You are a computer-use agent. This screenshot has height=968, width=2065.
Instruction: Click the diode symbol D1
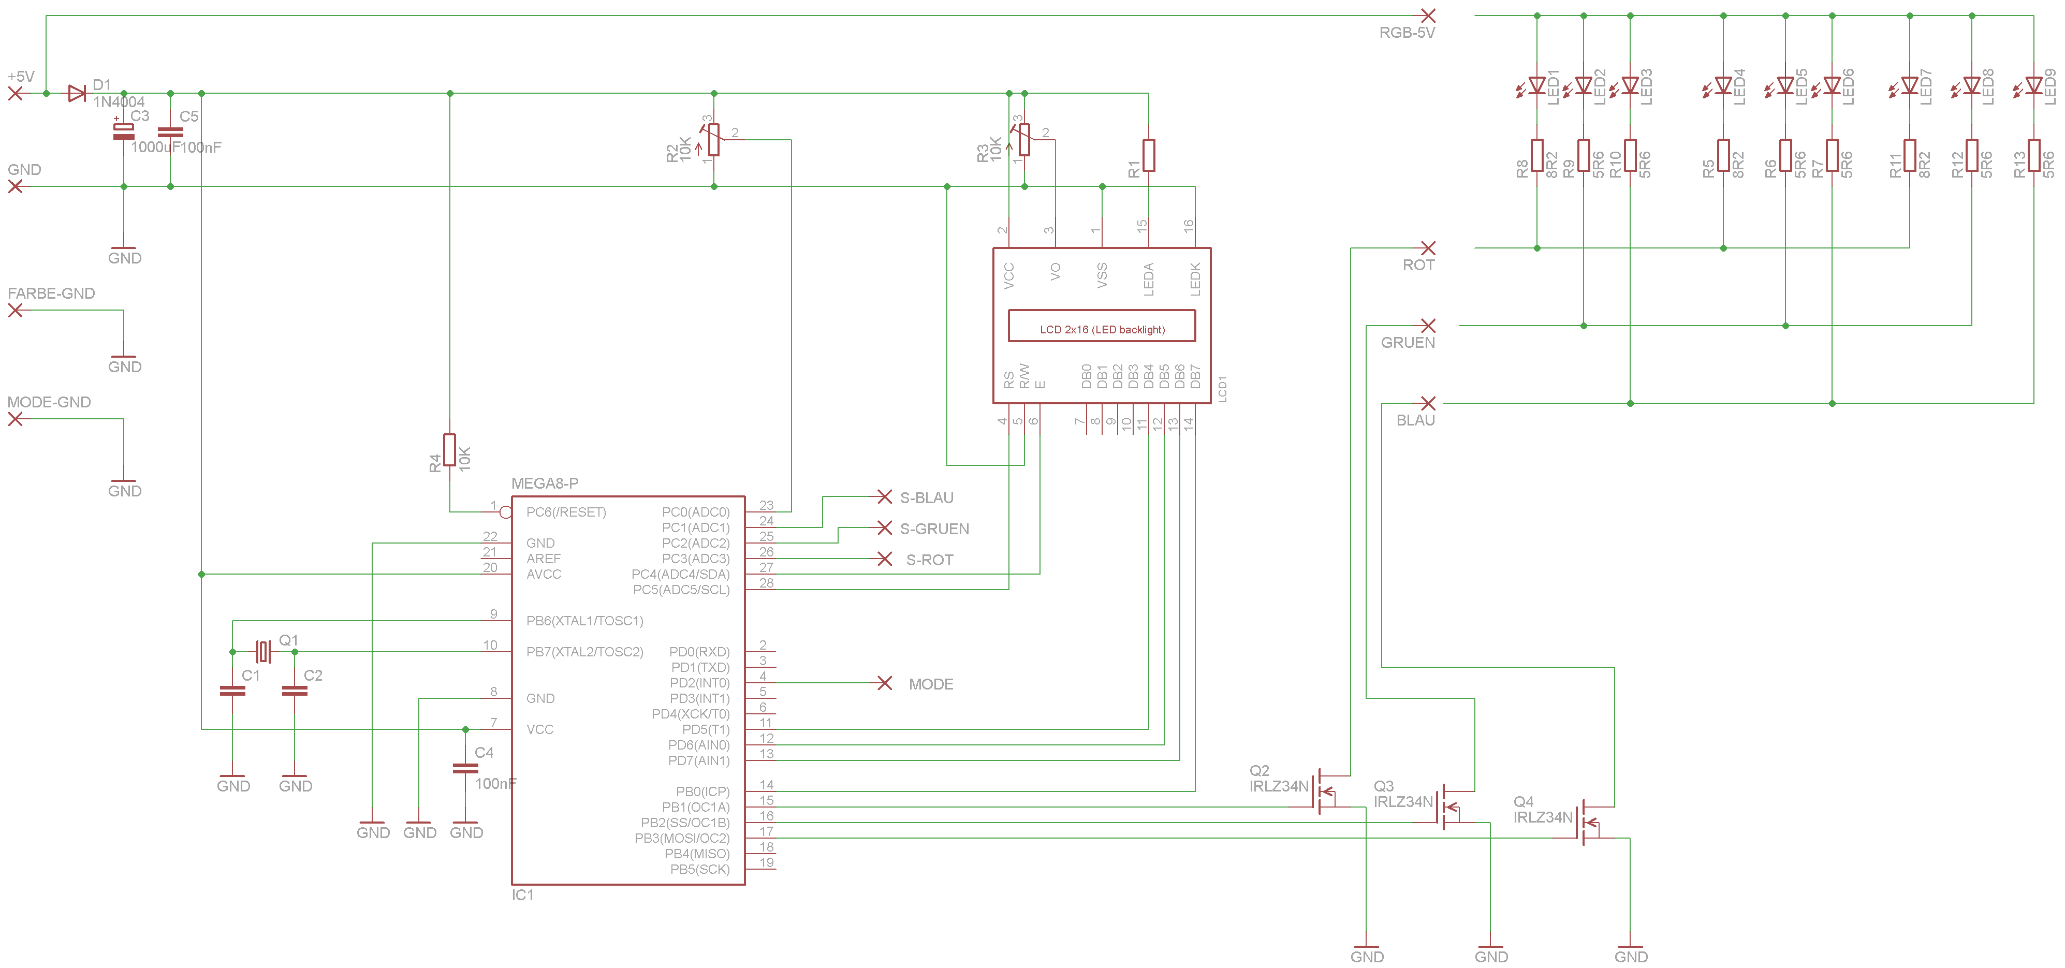coord(77,94)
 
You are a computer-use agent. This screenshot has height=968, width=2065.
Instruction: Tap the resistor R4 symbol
coord(450,449)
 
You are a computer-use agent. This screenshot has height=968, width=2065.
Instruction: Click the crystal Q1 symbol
coord(263,652)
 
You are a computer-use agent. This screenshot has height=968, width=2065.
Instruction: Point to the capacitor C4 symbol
coord(465,768)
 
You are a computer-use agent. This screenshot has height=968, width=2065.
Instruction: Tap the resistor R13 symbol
coord(2034,155)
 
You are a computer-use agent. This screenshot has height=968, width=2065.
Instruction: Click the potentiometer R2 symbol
coord(712,139)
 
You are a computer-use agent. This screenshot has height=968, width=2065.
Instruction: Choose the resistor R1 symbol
coord(1149,155)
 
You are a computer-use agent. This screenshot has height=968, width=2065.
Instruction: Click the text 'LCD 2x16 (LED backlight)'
coord(1102,329)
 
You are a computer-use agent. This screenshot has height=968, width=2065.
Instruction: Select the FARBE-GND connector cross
coord(15,310)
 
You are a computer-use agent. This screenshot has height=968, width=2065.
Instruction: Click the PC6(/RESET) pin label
coord(566,512)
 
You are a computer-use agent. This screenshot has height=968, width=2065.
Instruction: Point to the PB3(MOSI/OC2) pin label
coord(682,838)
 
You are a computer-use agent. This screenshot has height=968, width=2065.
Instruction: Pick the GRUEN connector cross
coord(1428,325)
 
